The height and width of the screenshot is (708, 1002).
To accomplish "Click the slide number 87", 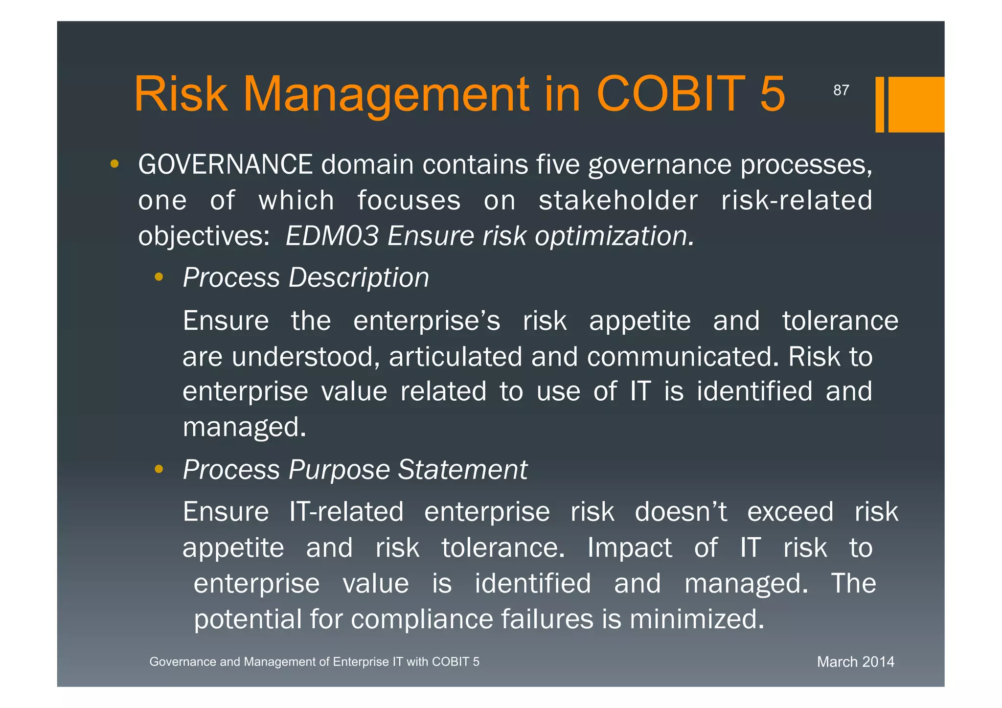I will (841, 91).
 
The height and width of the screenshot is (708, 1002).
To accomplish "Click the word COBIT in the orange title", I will (670, 94).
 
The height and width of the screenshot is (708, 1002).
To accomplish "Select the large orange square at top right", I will (915, 104).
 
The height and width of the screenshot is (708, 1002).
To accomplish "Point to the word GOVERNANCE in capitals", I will (225, 164).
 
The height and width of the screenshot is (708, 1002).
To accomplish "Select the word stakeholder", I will (618, 201).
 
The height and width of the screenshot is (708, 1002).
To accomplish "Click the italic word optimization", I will (614, 237).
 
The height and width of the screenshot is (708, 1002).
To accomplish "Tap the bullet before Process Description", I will (159, 277).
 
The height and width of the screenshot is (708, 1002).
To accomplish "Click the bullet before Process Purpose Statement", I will (159, 470).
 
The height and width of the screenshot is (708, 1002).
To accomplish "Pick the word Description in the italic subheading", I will (359, 278).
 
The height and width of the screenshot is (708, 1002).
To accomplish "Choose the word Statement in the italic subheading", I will (462, 470).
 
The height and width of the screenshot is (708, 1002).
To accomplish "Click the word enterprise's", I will (427, 321).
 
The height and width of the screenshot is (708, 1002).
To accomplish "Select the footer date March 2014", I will (855, 662).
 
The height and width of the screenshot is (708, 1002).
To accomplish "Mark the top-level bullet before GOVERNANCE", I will (114, 164).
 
